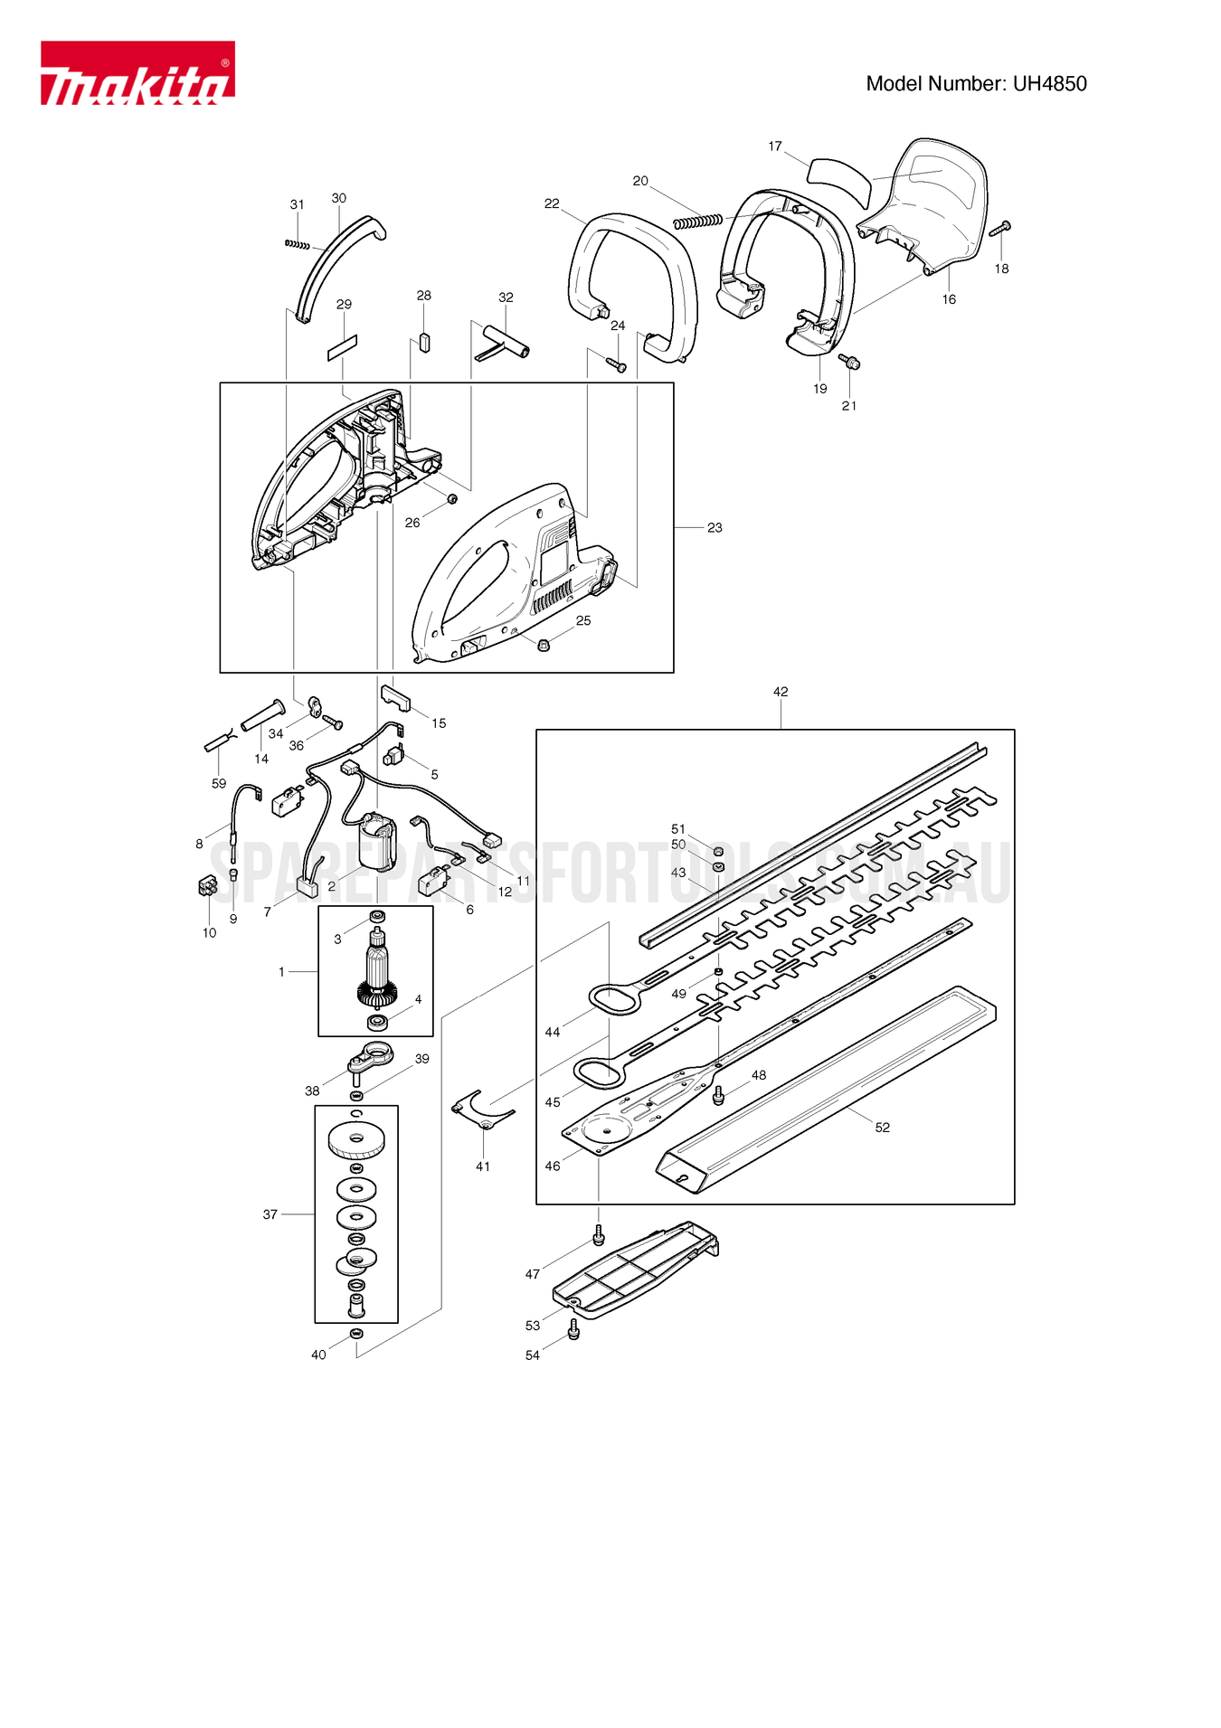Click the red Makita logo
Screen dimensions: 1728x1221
pyautogui.click(x=137, y=73)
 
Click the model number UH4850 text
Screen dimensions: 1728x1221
pyautogui.click(x=976, y=84)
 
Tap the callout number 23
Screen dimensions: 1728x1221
pyautogui.click(x=715, y=527)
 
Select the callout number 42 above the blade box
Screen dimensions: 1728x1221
pyautogui.click(x=781, y=692)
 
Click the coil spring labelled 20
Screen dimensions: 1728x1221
pyautogui.click(x=697, y=221)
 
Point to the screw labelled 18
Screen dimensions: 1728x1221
pyautogui.click(x=999, y=229)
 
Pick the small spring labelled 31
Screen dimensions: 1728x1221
pyautogui.click(x=297, y=244)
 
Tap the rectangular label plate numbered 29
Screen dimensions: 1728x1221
pyautogui.click(x=343, y=347)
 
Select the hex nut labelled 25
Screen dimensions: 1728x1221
pyautogui.click(x=544, y=645)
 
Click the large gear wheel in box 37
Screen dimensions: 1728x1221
pyautogui.click(x=356, y=1141)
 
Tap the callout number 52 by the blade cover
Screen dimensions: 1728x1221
pyautogui.click(x=883, y=1128)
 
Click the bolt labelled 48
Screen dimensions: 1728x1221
pyautogui.click(x=719, y=1096)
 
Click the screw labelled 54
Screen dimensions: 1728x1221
pyautogui.click(x=573, y=1330)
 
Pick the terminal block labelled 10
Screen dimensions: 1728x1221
pyautogui.click(x=208, y=886)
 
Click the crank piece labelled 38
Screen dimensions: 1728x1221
pyautogui.click(x=369, y=1060)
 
